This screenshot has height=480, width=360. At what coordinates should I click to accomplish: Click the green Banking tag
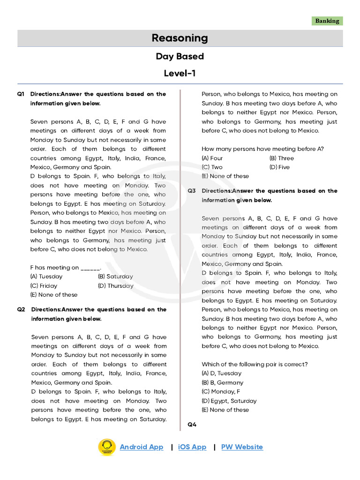[327, 21]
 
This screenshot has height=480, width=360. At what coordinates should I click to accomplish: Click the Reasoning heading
[180, 38]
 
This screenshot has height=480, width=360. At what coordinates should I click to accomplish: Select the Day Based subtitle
[180, 56]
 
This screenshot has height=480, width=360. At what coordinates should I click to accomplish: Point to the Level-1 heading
[180, 73]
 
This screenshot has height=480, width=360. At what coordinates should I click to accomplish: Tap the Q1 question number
[21, 94]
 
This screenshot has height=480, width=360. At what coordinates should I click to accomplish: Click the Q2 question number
[21, 309]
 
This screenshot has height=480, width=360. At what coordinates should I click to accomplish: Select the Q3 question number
[192, 191]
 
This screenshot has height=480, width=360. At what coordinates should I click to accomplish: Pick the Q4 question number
[192, 424]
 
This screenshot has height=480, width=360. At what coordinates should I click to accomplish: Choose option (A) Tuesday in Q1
[46, 277]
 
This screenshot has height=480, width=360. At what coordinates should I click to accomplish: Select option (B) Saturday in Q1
[115, 277]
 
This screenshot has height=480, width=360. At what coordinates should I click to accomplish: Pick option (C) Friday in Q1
[44, 285]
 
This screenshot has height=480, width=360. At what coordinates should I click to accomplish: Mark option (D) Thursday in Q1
[116, 285]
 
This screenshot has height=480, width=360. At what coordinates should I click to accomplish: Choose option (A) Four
[212, 158]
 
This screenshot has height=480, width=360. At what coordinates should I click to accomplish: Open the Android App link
[142, 447]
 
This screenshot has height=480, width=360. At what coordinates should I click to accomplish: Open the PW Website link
[242, 447]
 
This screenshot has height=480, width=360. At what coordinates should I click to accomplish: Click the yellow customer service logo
[106, 447]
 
